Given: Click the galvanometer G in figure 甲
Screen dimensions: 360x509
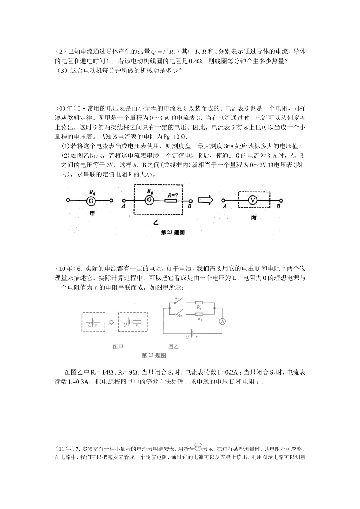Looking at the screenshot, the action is click(x=91, y=201).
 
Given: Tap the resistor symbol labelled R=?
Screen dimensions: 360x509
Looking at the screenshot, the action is click(x=171, y=201).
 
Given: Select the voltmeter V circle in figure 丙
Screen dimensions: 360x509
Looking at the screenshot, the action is click(x=253, y=201).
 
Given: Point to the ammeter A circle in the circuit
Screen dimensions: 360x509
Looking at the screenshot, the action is click(x=223, y=321).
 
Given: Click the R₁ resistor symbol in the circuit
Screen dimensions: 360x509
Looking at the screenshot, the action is click(x=199, y=303).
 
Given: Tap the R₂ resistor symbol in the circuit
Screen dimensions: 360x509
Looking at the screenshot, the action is click(x=199, y=314).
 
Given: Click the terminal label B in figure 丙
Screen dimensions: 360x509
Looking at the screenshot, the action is click(x=279, y=206).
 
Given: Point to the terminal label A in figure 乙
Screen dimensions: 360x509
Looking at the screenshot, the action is click(x=124, y=206).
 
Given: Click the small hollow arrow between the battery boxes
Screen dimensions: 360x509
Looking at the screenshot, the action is click(x=111, y=322).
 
